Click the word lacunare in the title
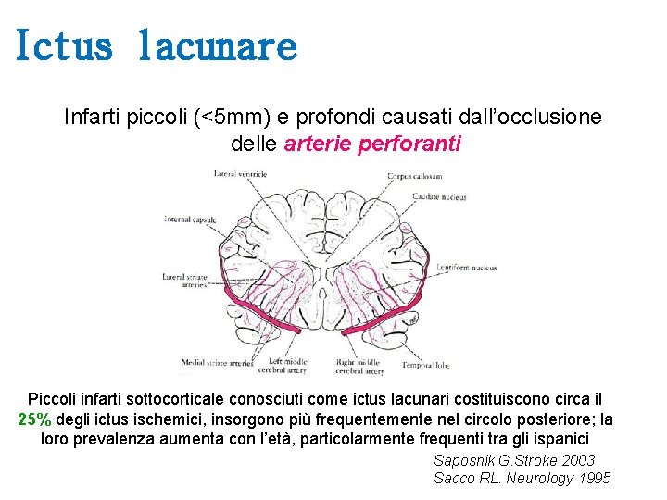click(217, 44)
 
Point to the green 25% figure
click(34, 419)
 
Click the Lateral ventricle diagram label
click(240, 173)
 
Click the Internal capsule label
click(190, 219)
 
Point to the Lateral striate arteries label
click(184, 281)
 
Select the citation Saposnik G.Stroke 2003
click(514, 460)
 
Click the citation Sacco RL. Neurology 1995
click(522, 478)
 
